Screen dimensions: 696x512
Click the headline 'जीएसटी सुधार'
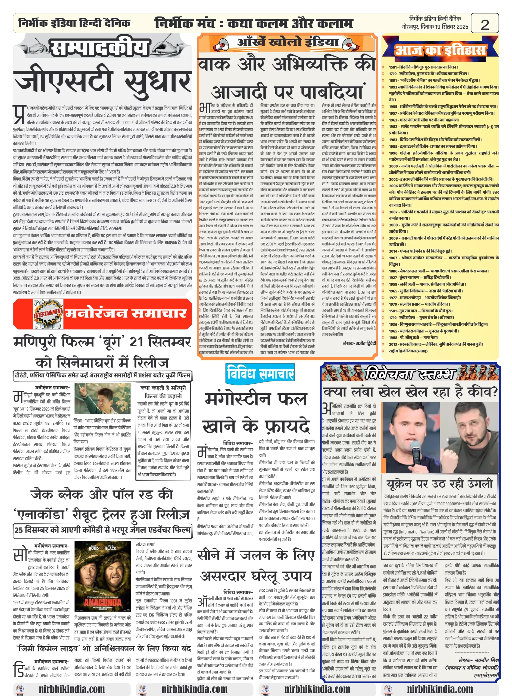(102, 80)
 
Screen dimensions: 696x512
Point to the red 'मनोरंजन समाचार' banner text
(126, 313)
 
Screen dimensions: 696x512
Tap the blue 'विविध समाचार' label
(260, 373)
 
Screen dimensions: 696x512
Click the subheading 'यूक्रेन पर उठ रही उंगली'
(439, 483)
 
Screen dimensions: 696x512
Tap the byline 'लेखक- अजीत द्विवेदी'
(359, 343)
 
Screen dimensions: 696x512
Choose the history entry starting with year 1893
(443, 87)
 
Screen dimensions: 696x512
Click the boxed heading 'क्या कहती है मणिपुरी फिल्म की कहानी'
(163, 391)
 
